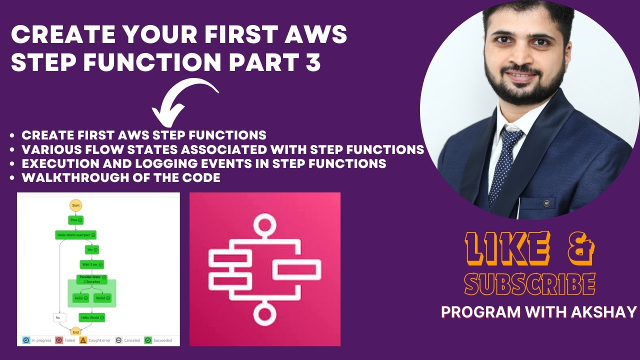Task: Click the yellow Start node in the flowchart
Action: (x=75, y=205)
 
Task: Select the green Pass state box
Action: (x=75, y=220)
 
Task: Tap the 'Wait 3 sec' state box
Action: (x=91, y=264)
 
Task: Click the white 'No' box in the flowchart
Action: (x=59, y=317)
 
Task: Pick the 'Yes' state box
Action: (x=92, y=249)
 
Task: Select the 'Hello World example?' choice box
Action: (x=75, y=234)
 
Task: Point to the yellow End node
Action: (x=75, y=331)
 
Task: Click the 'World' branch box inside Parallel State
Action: (x=102, y=298)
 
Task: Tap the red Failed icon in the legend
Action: (x=59, y=340)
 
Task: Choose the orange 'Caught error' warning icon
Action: (x=83, y=340)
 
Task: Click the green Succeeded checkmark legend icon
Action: (x=148, y=340)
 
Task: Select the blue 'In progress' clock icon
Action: (x=26, y=340)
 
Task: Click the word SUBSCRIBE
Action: (x=530, y=283)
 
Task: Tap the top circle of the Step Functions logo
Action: (x=264, y=225)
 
